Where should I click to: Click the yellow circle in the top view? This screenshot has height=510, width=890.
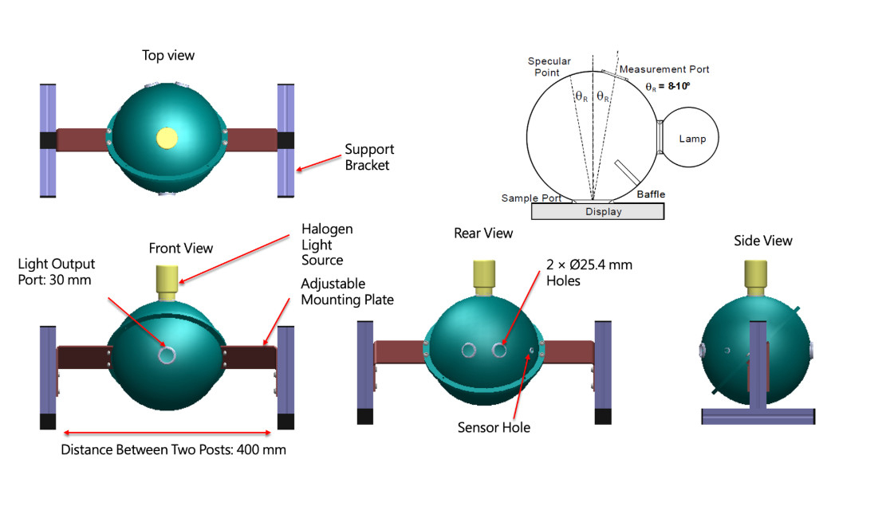[167, 138]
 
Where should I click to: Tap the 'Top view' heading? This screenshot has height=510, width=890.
[167, 55]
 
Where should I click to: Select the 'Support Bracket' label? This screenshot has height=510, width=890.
[369, 157]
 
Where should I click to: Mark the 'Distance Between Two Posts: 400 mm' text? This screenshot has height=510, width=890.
[173, 449]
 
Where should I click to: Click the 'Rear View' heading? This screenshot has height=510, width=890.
[483, 233]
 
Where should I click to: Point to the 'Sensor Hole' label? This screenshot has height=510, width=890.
[494, 428]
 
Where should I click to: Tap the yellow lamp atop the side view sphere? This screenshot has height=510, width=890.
[757, 273]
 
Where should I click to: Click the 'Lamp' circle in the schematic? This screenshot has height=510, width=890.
[692, 139]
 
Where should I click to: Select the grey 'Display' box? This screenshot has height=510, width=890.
[597, 211]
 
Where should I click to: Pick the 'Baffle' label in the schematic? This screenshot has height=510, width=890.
[651, 194]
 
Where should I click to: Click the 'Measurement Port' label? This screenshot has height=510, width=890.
[664, 69]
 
